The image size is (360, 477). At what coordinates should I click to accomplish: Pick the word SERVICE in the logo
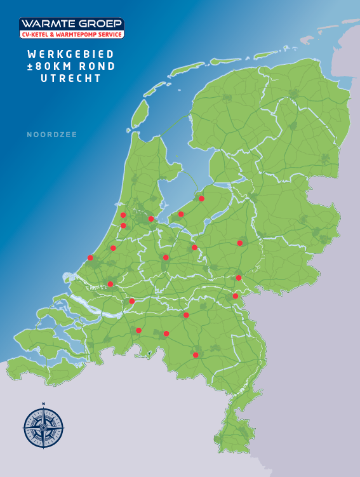click(110, 34)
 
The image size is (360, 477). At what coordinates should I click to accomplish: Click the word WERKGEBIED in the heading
click(71, 54)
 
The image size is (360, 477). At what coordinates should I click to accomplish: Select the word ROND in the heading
click(97, 66)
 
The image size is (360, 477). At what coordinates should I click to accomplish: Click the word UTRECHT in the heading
click(71, 78)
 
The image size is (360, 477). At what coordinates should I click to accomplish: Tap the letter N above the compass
click(44, 404)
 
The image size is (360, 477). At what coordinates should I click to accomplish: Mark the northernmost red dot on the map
click(201, 199)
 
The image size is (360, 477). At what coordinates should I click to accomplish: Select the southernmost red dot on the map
click(196, 355)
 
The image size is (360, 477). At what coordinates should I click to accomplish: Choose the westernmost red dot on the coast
click(90, 258)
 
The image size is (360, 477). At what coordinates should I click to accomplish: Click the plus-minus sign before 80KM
click(30, 66)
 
